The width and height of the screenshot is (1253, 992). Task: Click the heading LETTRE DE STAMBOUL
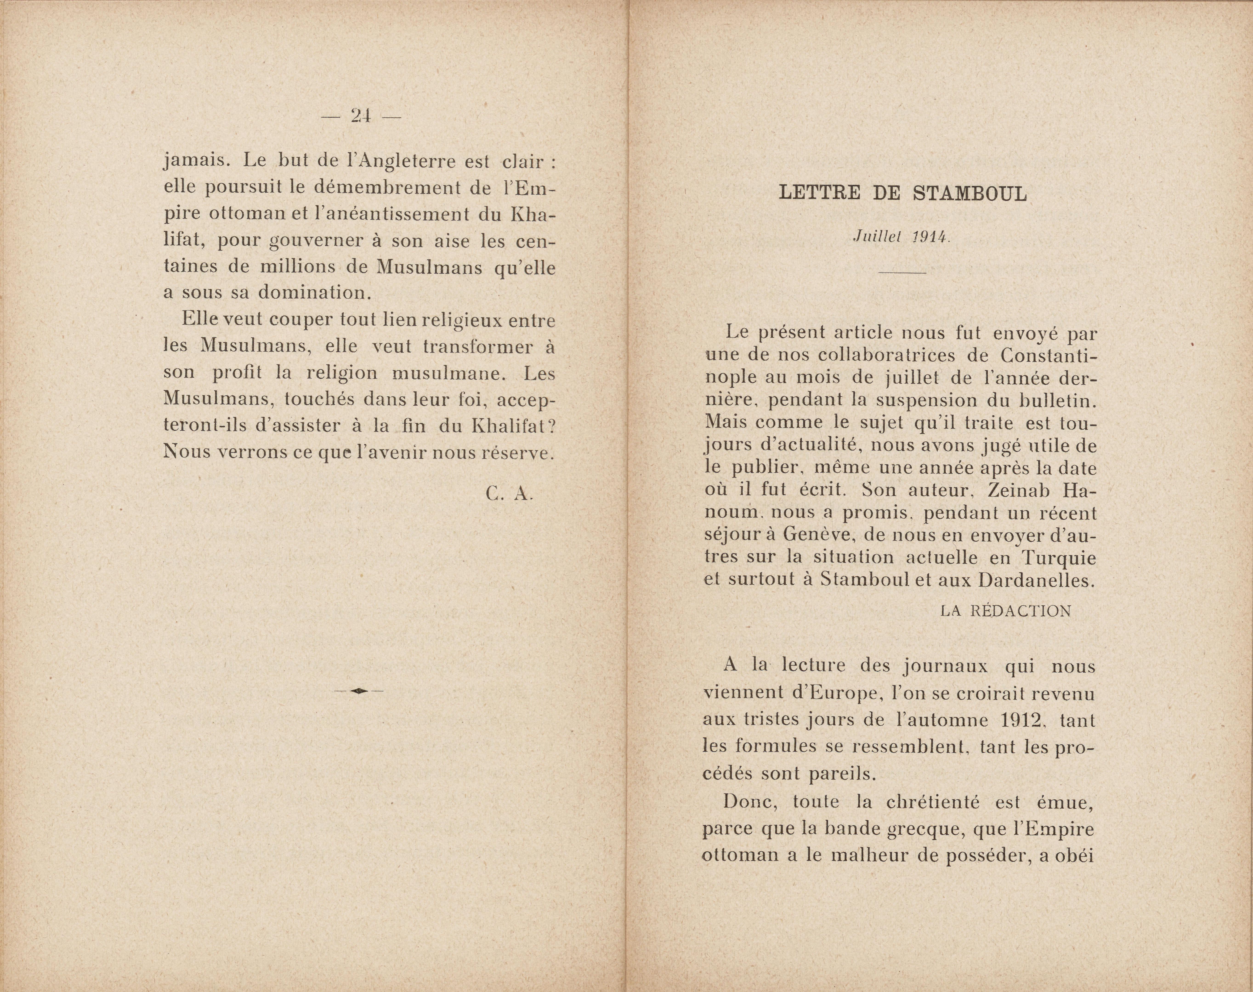pyautogui.click(x=902, y=193)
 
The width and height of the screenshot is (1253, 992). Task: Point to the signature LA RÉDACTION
pyautogui.click(x=1006, y=611)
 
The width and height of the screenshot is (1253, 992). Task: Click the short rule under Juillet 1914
pyautogui.click(x=902, y=272)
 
